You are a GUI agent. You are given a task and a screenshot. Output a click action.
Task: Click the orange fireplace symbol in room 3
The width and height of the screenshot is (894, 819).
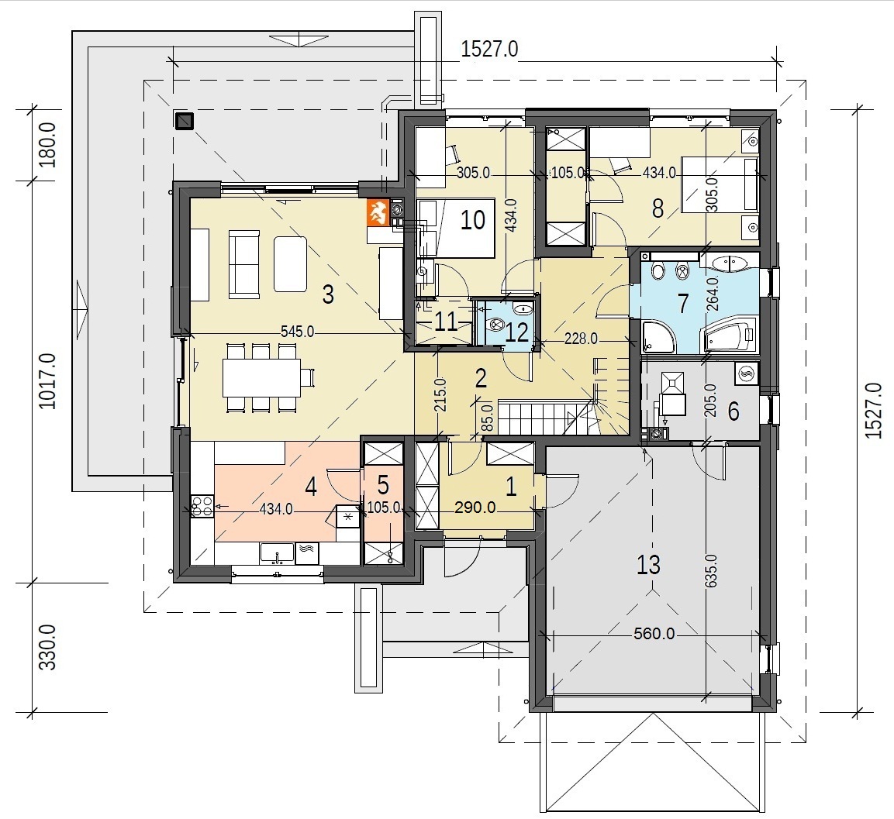click(x=378, y=212)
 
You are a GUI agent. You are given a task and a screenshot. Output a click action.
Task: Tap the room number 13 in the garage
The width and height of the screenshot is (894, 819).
click(x=648, y=564)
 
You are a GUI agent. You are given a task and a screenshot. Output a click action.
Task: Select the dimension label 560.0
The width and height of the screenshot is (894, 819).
click(x=654, y=634)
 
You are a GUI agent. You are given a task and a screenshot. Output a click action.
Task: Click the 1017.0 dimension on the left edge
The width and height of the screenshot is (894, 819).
click(x=48, y=380)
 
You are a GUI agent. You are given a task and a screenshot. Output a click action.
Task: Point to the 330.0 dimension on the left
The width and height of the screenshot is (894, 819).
click(x=48, y=647)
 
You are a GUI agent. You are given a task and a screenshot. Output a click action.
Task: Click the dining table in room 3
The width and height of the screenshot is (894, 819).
click(x=262, y=377)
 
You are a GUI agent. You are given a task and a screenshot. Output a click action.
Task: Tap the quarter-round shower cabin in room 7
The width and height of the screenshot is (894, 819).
click(x=658, y=337)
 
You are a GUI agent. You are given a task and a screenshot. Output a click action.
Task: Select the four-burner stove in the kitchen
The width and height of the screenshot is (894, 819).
click(x=202, y=506)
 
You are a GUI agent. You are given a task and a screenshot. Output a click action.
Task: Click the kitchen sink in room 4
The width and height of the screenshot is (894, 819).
click(x=277, y=553)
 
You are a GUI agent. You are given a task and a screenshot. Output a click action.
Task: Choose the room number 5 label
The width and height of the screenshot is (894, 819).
click(x=383, y=485)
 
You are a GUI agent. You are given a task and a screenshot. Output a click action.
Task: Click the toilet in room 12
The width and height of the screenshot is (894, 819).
click(x=495, y=325)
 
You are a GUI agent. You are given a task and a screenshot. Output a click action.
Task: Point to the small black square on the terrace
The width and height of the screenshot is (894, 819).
click(x=185, y=122)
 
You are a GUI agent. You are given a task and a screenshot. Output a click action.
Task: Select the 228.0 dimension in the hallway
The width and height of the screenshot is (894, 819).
click(x=581, y=339)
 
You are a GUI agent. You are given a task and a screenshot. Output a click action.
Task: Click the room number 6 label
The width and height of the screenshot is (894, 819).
click(x=733, y=411)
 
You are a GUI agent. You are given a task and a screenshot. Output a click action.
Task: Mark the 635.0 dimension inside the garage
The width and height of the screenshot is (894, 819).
click(x=710, y=571)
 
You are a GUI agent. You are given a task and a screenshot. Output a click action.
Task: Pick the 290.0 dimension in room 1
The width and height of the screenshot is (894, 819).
click(x=475, y=507)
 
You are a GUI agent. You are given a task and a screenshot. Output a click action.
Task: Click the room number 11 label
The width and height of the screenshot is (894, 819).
click(x=447, y=322)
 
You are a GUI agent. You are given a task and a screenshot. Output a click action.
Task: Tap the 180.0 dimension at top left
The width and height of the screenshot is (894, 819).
click(x=48, y=145)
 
